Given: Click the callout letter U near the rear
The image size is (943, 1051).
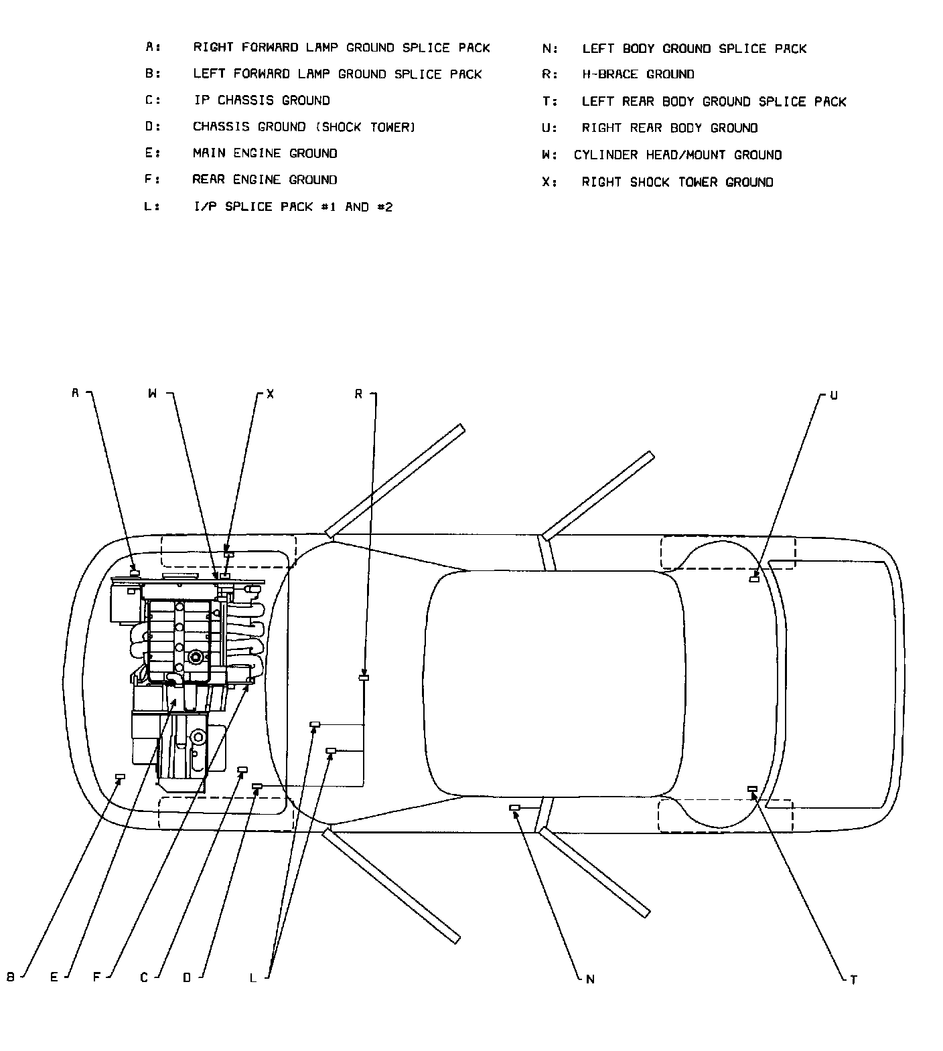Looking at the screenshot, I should click(834, 396).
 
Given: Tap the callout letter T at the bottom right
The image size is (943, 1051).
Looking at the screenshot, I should click(853, 980).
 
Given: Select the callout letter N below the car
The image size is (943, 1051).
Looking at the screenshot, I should click(590, 979).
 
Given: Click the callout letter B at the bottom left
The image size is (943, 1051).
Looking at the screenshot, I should click(11, 977).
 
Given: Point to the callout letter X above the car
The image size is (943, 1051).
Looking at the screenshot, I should click(270, 394).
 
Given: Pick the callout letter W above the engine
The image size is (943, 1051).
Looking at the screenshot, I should click(153, 394).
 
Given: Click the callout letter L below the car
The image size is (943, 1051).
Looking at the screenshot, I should click(253, 978).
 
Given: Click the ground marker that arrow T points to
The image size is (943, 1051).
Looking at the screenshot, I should click(752, 789).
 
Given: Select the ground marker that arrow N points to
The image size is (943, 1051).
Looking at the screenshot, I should click(514, 808).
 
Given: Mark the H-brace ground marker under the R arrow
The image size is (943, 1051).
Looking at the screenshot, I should click(364, 679).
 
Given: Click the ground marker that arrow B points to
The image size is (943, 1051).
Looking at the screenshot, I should click(121, 777).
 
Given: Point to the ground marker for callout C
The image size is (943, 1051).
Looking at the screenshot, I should click(242, 770).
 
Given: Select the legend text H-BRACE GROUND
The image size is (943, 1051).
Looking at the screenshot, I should click(638, 74).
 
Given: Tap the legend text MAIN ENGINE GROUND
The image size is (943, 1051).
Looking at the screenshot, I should click(265, 153).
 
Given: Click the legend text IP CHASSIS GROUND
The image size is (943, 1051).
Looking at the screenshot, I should click(261, 100).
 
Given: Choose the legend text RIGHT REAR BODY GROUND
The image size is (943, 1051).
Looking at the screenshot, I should click(669, 128).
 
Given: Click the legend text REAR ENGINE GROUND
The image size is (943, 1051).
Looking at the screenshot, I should click(265, 179).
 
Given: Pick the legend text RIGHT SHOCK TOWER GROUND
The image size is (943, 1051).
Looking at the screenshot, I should click(677, 182).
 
